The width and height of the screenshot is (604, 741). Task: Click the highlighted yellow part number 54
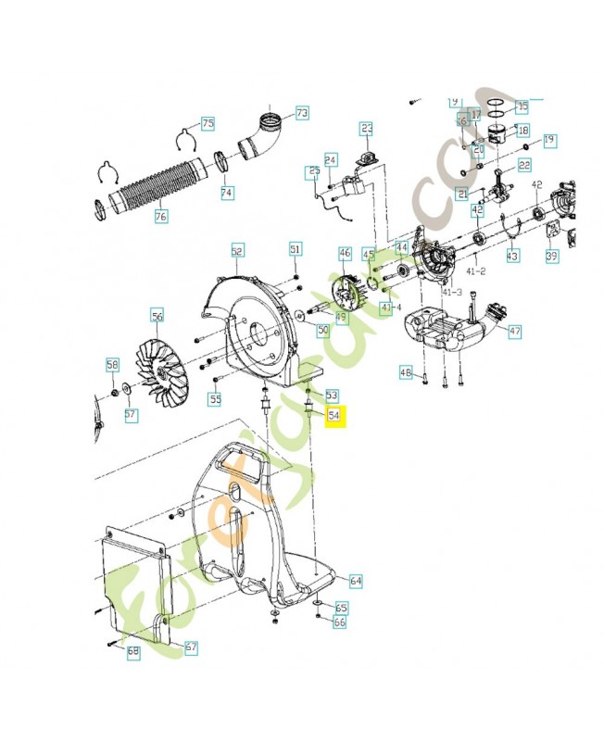(x=333, y=417)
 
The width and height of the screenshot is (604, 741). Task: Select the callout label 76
(x=161, y=217)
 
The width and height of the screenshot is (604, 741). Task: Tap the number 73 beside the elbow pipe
(x=302, y=113)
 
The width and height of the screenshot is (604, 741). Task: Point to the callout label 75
(x=208, y=123)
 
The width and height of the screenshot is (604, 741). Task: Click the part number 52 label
(x=237, y=250)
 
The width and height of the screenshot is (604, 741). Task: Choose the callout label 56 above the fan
(x=157, y=317)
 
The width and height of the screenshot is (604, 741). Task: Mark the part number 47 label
(x=515, y=331)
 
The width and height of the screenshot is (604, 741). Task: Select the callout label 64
(x=356, y=581)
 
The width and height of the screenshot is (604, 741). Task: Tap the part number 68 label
(x=132, y=652)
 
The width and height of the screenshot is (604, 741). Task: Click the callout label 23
(x=366, y=128)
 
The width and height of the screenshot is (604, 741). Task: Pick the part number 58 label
(x=112, y=364)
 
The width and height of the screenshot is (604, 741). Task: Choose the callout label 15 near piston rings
(x=522, y=107)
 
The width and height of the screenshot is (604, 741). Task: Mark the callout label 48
(x=405, y=372)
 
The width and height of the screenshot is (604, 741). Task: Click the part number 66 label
(x=340, y=623)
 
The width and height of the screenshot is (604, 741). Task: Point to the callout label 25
(x=314, y=171)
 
